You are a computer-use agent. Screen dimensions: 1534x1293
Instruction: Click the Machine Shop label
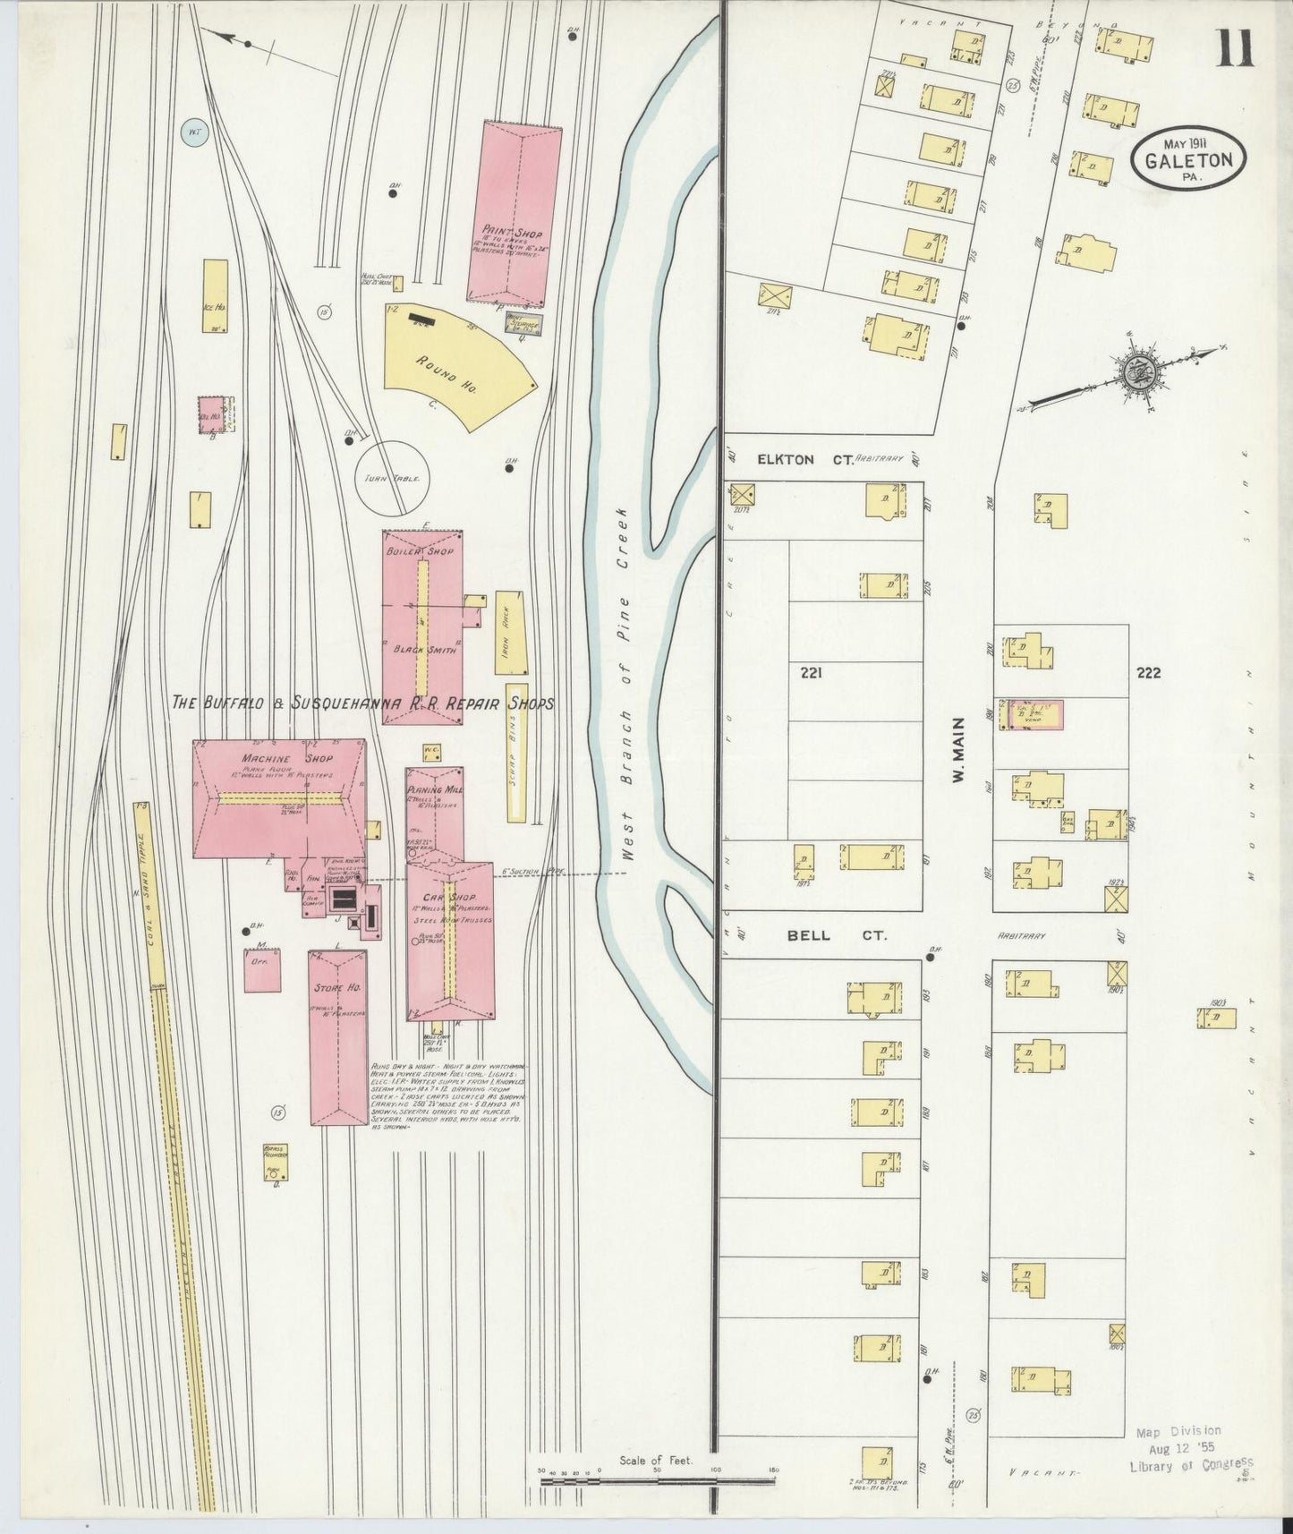(275, 759)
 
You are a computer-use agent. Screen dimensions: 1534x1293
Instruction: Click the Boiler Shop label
(410, 552)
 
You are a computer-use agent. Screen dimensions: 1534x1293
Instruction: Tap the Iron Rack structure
(512, 632)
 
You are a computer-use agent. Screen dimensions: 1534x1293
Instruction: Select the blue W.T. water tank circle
(191, 133)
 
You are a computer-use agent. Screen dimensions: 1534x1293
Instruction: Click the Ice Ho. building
(215, 295)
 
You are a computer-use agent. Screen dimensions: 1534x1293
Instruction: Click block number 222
(1148, 673)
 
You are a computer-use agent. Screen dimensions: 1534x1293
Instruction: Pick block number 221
(811, 671)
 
